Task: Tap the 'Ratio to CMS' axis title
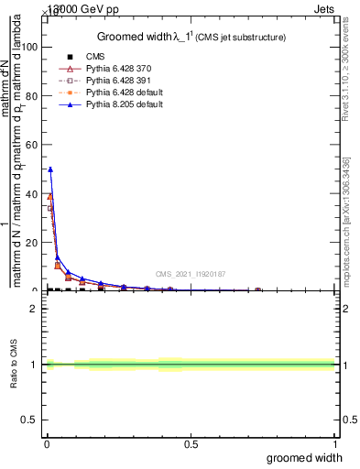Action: [14, 365]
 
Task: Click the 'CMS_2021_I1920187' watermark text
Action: [191, 274]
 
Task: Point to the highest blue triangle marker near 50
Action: [50, 169]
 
